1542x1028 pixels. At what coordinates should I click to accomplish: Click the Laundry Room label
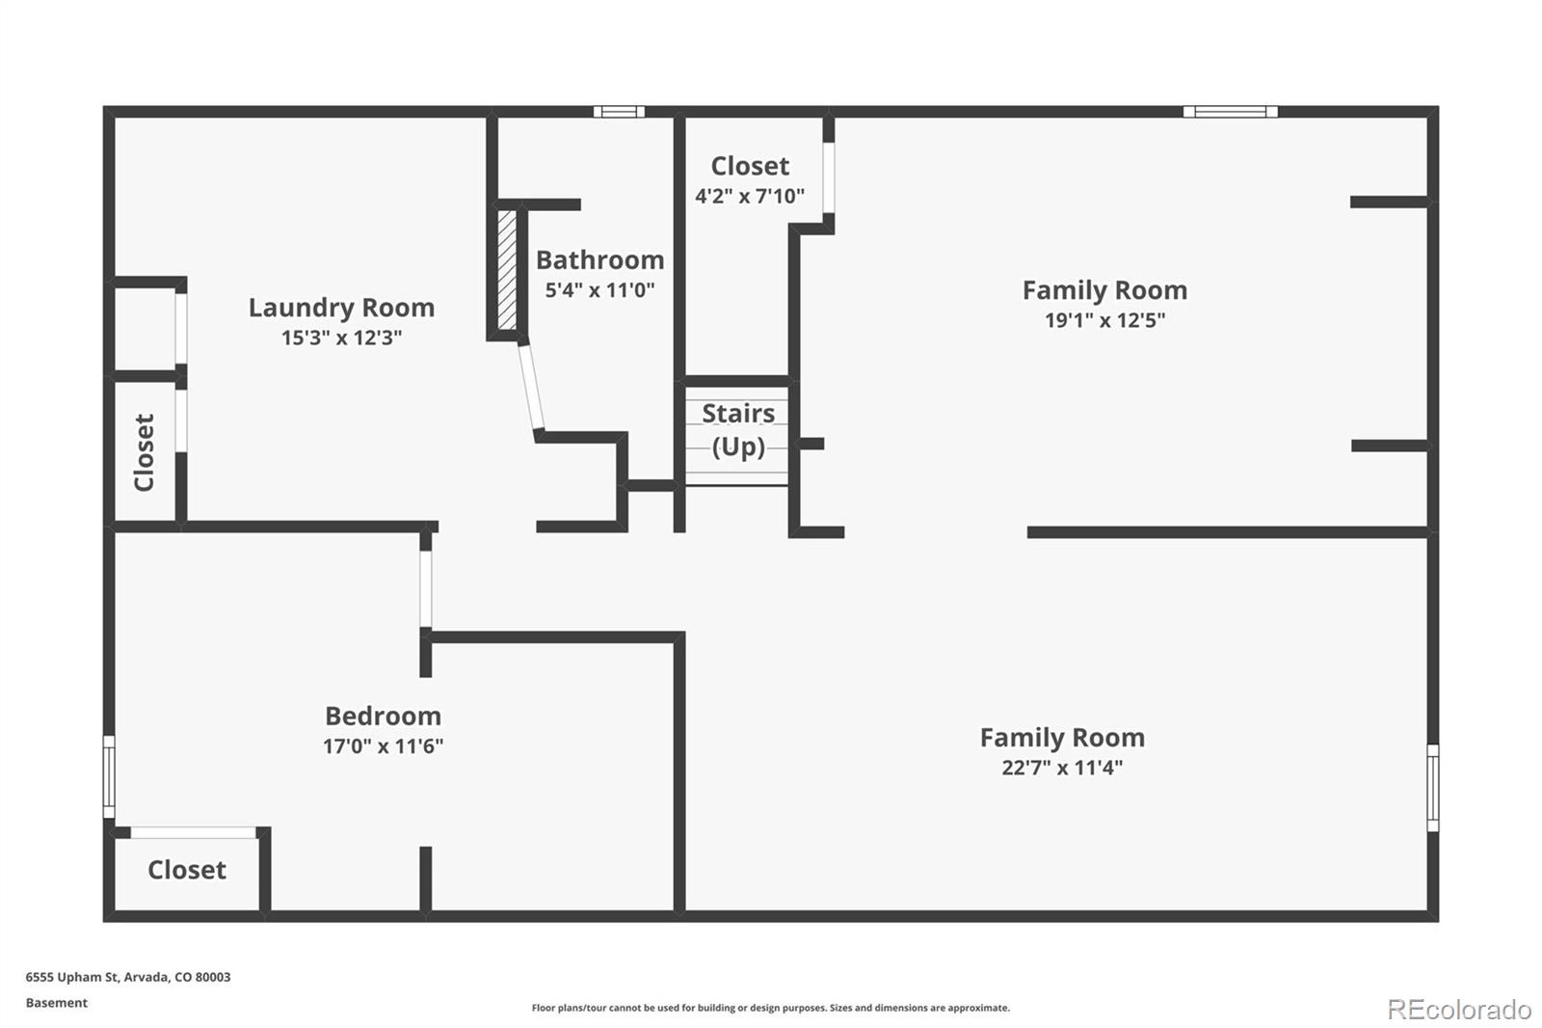click(x=341, y=308)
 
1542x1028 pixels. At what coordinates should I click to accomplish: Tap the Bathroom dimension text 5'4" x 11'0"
click(x=599, y=290)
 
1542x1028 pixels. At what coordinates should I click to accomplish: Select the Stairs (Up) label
click(x=738, y=429)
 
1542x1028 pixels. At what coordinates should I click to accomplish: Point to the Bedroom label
click(x=383, y=716)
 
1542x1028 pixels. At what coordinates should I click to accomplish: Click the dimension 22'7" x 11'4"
click(x=1062, y=768)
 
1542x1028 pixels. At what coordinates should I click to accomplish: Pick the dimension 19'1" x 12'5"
click(x=1104, y=320)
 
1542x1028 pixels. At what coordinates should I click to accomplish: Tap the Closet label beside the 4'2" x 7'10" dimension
click(x=750, y=166)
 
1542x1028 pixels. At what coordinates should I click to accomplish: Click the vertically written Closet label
click(x=145, y=452)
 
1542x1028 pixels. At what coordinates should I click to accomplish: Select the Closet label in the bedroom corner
click(x=187, y=870)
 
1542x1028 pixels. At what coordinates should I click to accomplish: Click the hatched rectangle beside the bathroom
click(x=506, y=270)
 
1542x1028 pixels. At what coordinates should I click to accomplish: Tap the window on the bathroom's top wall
click(x=619, y=112)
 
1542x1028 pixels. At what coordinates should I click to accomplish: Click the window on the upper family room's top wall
click(x=1231, y=112)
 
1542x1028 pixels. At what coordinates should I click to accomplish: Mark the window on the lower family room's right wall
click(x=1432, y=787)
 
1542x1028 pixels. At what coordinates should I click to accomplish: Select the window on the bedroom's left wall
click(x=109, y=777)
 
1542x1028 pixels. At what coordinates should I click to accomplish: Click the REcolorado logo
click(x=1459, y=1009)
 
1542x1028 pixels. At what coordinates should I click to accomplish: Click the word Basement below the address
click(x=57, y=1003)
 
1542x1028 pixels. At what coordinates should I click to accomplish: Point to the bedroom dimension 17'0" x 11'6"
click(x=383, y=745)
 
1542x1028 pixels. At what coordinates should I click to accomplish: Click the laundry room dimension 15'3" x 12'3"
click(x=341, y=338)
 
